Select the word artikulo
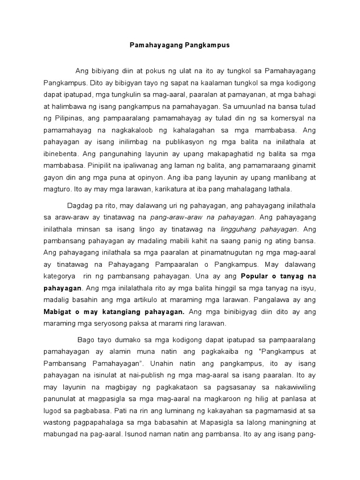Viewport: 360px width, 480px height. click(138, 300)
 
